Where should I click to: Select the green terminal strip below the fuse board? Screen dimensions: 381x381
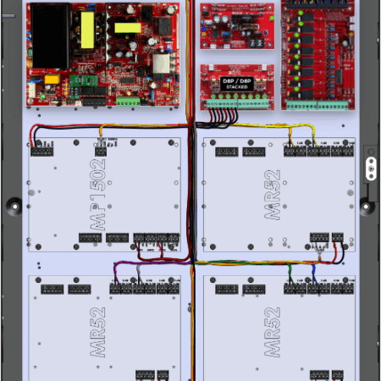click(x=317, y=106)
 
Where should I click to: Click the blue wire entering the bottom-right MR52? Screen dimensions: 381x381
click(x=316, y=273)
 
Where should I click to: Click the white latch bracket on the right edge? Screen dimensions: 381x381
click(x=369, y=166)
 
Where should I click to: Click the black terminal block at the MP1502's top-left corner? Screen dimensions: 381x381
click(x=41, y=152)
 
